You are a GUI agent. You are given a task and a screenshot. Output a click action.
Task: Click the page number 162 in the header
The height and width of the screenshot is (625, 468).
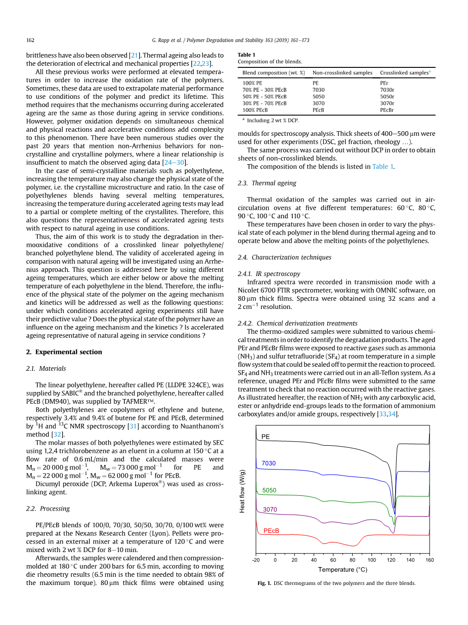tap(30, 40)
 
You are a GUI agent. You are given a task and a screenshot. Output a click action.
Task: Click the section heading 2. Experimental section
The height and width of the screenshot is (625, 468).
tap(64, 352)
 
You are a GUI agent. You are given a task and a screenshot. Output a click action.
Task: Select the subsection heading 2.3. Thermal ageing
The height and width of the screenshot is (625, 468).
tap(267, 183)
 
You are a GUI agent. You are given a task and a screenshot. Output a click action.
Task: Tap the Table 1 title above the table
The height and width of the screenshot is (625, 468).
tap(246, 55)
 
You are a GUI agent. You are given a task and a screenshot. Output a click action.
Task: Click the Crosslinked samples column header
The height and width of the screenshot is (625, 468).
tap(404, 73)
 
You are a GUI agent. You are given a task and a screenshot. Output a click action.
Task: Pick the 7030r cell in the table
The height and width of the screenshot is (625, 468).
tap(387, 90)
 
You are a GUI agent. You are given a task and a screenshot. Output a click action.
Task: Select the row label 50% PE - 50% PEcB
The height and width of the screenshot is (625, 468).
tap(264, 96)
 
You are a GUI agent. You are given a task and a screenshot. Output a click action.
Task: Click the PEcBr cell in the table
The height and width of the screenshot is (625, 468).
tap(387, 110)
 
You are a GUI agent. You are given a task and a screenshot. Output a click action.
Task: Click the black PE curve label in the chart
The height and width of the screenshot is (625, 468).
tap(266, 436)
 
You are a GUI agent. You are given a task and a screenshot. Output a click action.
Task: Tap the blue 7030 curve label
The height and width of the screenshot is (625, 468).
tap(269, 463)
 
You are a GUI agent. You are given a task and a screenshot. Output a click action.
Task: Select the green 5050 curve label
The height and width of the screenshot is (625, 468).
tap(269, 490)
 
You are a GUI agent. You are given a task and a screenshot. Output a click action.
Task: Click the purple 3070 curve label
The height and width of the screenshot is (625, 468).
tap(270, 510)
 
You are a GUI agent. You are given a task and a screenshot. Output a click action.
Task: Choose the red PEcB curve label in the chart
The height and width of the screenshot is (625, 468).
tap(271, 531)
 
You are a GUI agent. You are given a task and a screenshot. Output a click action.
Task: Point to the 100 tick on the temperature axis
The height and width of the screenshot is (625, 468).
tap(371, 560)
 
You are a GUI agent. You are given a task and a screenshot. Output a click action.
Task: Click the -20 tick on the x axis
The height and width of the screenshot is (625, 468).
tap(256, 560)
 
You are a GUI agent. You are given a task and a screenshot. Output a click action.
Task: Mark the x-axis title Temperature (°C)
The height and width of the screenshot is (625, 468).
tap(343, 570)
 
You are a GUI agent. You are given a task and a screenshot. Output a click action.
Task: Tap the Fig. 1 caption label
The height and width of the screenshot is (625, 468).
tap(264, 583)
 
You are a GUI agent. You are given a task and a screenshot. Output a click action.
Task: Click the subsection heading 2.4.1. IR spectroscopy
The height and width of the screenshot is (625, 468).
tap(269, 274)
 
